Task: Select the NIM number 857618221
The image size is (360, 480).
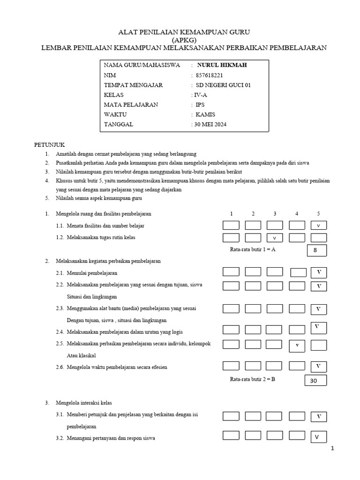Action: pos(209,75)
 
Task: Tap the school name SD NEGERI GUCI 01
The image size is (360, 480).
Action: pos(223,85)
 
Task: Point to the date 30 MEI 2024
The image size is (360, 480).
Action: pos(210,124)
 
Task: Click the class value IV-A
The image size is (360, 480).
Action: pos(201,95)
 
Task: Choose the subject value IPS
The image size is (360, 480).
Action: pos(200,105)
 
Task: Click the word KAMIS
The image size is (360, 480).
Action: pos(205,114)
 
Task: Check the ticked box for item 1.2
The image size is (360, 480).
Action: pos(275,238)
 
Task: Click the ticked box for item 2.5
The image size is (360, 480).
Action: pos(297,345)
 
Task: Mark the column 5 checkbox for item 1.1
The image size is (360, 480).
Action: pos(318,225)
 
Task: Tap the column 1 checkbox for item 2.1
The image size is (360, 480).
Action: pos(231,272)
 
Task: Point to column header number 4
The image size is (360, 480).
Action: pos(297,214)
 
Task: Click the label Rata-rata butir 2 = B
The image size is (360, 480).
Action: pos(252,379)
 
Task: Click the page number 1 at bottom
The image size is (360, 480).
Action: pos(333,449)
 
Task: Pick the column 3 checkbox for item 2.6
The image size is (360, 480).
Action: pos(275,365)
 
